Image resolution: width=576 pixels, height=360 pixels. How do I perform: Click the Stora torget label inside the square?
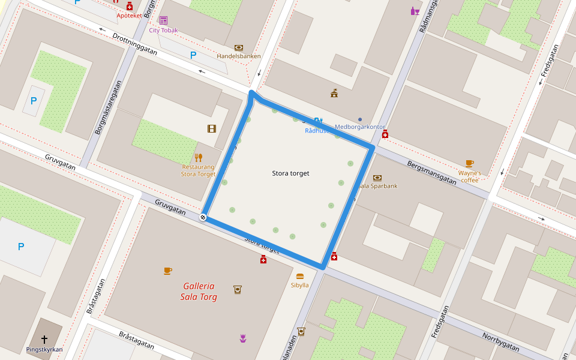pos(290,173)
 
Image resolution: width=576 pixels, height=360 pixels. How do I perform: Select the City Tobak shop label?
pos(163,30)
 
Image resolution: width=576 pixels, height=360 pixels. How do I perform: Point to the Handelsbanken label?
pos(238,56)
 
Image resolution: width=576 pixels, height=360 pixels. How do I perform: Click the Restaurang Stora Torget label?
pos(198,170)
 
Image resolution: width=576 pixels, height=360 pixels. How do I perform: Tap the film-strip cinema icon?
pos(211,128)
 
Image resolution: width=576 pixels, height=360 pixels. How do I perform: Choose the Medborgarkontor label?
pos(360,127)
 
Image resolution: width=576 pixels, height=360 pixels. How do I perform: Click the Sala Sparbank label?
pos(378,186)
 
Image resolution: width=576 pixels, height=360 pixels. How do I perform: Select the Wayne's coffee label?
pos(470,176)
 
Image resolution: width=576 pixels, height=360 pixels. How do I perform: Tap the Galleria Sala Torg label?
pos(199,292)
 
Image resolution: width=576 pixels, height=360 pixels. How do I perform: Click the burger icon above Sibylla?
pos(300,276)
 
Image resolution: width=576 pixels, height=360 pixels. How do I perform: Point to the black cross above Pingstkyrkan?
pos(44,340)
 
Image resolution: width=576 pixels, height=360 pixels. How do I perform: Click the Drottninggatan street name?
pos(134,44)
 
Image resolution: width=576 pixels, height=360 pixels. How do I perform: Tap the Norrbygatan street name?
pos(501,341)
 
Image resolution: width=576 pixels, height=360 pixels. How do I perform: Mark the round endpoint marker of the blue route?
pos(203,217)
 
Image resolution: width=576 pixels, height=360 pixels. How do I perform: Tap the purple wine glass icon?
pos(415,11)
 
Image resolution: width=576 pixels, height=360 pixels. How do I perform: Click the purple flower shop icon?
pos(242,339)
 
